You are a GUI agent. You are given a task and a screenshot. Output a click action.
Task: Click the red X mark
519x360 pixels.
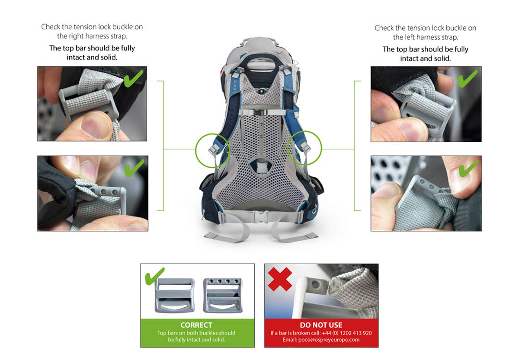pos(280,279)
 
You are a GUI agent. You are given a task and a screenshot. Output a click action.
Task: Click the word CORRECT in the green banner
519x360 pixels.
pos(196,325)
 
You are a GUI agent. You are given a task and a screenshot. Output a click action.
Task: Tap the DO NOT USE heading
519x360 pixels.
pos(321,325)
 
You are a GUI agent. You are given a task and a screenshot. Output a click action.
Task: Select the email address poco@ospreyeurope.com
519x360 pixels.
pos(329,340)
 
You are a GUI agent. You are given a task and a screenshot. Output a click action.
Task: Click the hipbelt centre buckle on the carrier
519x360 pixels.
pos(260,217)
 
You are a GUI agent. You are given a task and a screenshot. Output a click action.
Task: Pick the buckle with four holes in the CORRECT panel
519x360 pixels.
pos(223,295)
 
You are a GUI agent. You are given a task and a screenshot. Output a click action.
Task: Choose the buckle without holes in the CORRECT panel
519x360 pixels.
pos(175,296)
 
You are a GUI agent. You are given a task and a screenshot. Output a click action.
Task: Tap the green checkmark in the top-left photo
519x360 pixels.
pos(133,79)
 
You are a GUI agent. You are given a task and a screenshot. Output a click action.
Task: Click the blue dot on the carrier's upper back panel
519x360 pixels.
pos(262,92)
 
